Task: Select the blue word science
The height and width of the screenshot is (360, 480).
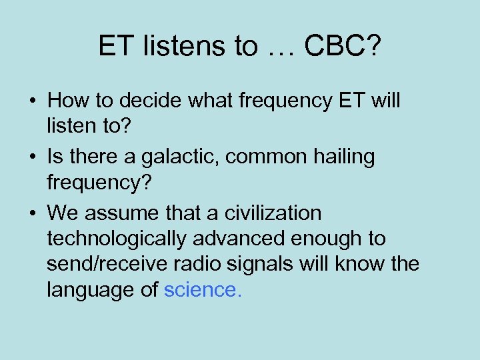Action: tap(203, 290)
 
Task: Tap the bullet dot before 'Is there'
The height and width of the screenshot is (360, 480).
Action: tap(33, 158)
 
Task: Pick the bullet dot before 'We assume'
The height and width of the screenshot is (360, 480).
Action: tap(33, 214)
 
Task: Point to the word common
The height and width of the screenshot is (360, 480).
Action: tap(267, 158)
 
